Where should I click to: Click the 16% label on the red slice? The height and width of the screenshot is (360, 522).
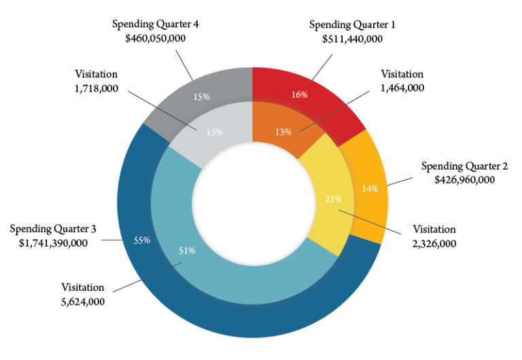(x=299, y=95)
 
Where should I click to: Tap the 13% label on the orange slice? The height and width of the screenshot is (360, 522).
(x=283, y=132)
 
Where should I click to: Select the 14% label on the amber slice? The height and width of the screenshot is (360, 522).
(x=370, y=189)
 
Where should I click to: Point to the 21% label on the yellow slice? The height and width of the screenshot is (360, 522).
(x=334, y=199)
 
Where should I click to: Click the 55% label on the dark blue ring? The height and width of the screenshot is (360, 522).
(x=142, y=240)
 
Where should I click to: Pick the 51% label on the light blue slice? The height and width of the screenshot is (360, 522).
(x=187, y=251)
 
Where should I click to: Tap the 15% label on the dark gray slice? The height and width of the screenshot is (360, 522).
(x=201, y=97)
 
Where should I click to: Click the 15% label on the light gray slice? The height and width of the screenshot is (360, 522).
(x=214, y=132)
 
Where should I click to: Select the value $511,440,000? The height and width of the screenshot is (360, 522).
(x=352, y=39)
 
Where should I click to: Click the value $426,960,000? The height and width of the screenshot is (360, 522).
(x=464, y=180)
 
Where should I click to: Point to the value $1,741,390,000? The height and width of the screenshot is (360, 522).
(x=53, y=243)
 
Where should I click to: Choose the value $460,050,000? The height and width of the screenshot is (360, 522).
(x=156, y=39)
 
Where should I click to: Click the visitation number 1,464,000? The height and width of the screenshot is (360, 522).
(x=402, y=88)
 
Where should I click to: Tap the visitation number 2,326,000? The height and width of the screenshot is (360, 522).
(x=434, y=244)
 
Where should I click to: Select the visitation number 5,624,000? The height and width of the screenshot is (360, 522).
(x=83, y=302)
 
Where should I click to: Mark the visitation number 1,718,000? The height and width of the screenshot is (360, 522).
(x=97, y=88)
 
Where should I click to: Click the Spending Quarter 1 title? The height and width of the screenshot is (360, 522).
(x=352, y=25)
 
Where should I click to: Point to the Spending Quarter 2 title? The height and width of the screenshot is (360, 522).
(x=464, y=166)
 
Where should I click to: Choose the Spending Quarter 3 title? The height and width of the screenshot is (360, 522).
(x=53, y=229)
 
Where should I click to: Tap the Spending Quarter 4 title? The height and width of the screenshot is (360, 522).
(x=156, y=24)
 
